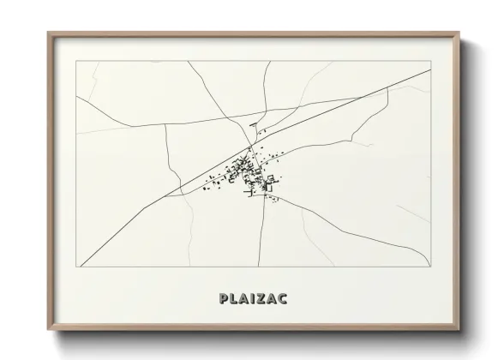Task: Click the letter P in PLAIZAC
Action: pos(224,299)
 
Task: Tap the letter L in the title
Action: pos(234,299)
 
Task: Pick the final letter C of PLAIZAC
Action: pos(284,299)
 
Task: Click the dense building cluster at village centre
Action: pos(249,176)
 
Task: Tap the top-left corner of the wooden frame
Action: pos(48,33)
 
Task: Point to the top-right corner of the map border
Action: pos(429,61)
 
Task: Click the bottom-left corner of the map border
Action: pos(76,267)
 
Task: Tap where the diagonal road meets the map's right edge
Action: pos(429,71)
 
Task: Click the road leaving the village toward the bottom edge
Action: pos(261,240)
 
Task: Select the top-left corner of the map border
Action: pos(76,61)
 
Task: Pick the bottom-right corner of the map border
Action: pos(429,267)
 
